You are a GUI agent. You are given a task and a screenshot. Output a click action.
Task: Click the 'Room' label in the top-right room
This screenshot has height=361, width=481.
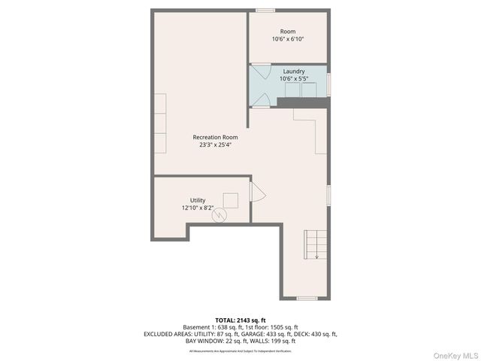click(x=288, y=32)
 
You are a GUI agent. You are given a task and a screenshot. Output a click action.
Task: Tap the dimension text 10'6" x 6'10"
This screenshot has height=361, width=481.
click(x=288, y=39)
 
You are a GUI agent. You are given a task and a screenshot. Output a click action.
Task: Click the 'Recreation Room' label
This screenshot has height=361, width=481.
click(x=215, y=138)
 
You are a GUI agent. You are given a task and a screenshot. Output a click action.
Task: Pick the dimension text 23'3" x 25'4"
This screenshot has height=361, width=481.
click(x=215, y=145)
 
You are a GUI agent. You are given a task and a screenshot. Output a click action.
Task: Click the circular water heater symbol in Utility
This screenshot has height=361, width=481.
click(x=219, y=216)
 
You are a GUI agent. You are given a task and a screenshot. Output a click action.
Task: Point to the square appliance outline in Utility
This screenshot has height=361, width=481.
click(x=231, y=200)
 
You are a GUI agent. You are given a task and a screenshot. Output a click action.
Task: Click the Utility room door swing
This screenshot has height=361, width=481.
click(x=257, y=193)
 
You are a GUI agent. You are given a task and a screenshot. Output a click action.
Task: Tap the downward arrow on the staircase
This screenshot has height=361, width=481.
click(x=316, y=256)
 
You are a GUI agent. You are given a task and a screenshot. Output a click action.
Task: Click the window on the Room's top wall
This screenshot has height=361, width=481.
click(x=265, y=11)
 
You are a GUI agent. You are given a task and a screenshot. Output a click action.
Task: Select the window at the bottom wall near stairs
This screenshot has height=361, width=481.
click(x=306, y=299)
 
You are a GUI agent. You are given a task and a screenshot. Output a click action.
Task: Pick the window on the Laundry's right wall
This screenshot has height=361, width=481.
click(x=329, y=83)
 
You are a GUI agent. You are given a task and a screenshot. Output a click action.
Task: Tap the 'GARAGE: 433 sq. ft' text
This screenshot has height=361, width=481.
click(x=280, y=334)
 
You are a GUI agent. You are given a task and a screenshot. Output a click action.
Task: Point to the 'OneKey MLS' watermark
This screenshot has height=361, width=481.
click(x=454, y=354)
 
